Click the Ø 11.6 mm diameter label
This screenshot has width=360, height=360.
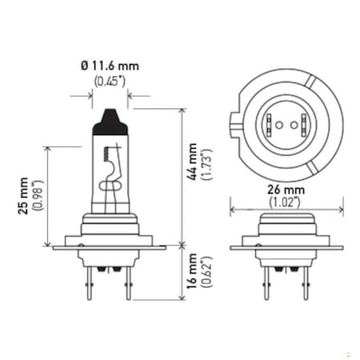pyautogui.click(x=110, y=66)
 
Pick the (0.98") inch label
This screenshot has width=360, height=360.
pyautogui.click(x=36, y=196)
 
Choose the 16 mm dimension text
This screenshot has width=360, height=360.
pyautogui.click(x=193, y=272)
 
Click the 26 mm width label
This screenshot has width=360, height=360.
pyautogui.click(x=286, y=190)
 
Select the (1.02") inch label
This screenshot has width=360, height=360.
pyautogui.click(x=286, y=202)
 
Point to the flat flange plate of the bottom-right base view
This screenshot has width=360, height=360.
pyautogui.click(x=286, y=248)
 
